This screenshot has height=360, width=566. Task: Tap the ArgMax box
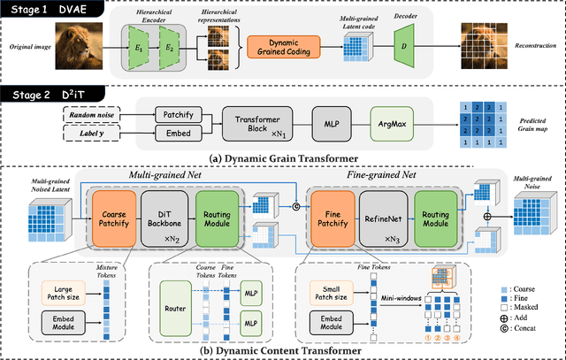tap(391, 125)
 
